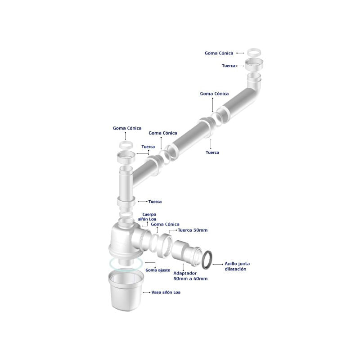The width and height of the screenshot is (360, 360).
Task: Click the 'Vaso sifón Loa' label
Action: (x=166, y=292)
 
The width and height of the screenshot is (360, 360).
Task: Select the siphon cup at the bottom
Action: (x=126, y=291)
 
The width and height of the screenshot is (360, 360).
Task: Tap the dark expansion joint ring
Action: (x=207, y=260)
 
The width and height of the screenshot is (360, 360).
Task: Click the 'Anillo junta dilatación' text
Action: (x=237, y=266)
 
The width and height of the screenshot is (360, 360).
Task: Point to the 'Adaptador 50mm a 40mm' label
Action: (x=190, y=276)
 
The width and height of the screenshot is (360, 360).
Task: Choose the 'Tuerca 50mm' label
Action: (x=193, y=230)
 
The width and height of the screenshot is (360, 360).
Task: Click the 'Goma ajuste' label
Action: (x=158, y=270)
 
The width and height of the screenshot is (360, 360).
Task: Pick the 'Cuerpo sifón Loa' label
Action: (x=147, y=217)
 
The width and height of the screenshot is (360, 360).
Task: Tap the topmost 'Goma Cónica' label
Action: (x=219, y=53)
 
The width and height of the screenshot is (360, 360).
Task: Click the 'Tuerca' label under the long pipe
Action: (x=212, y=152)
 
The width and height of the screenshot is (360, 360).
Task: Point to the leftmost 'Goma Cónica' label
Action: (x=127, y=128)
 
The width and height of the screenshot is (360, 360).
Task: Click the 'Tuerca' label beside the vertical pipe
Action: (x=155, y=202)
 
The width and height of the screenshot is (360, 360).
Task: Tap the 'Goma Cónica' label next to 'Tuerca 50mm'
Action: (x=165, y=224)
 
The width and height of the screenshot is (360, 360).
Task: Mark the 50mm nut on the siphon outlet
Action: (x=165, y=245)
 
